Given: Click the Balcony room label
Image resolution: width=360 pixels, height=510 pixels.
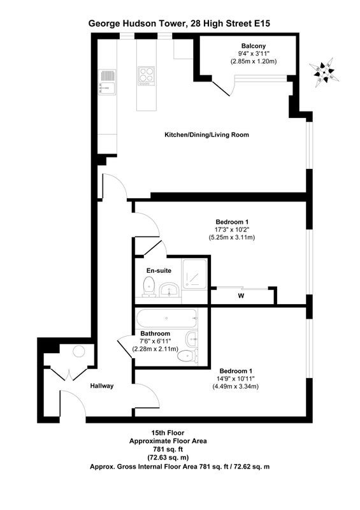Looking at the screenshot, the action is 254,46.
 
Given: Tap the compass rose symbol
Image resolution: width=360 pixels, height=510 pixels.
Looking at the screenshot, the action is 324,73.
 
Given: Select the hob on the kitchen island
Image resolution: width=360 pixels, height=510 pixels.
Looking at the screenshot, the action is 146,76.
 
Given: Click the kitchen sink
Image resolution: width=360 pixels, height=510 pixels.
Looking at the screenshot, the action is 108,82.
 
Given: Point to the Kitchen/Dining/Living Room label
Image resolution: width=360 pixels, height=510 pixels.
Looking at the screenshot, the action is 207,135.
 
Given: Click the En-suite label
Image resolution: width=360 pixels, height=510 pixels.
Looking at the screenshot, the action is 159,270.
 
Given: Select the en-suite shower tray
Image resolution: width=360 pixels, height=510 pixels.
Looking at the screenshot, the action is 194,273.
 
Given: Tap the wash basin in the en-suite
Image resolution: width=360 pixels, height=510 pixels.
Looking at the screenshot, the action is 168,289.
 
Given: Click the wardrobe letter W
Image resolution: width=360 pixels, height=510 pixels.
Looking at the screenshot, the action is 241,296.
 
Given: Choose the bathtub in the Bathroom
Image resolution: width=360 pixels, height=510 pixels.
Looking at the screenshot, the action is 167,318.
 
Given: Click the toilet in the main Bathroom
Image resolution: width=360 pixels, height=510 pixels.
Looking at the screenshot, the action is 188,356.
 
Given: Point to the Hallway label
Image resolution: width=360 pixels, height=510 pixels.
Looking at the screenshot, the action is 102,386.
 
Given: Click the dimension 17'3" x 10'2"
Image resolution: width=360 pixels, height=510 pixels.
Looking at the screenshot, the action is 231,229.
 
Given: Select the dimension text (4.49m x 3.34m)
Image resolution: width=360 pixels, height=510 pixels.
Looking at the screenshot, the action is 236,386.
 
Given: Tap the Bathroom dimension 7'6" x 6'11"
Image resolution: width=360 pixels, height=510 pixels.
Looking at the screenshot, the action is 155,341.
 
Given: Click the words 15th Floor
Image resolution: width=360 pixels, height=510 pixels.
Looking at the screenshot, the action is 168,433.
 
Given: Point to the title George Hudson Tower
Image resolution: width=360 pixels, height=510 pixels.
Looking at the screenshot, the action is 136,24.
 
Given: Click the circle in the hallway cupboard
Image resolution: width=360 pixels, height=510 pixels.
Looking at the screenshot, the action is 79,352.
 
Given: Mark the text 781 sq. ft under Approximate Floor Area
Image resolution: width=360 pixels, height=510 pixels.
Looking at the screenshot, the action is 168,449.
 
